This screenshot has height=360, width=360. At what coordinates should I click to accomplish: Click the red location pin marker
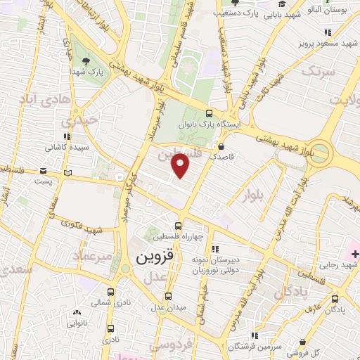[x=181, y=167]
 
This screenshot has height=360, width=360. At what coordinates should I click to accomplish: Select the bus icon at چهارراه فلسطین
[x=179, y=226]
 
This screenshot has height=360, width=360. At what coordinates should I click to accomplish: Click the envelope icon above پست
[x=44, y=170]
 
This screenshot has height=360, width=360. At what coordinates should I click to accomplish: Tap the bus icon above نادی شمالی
[x=110, y=292]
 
